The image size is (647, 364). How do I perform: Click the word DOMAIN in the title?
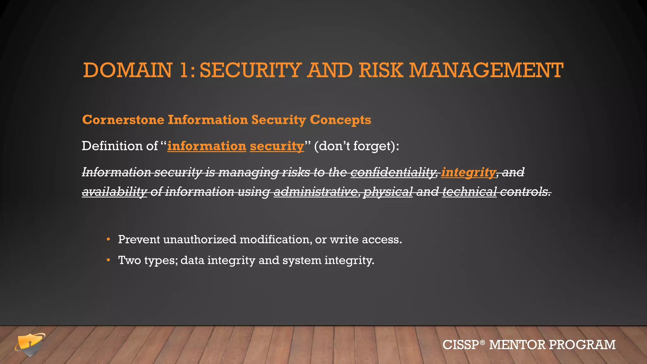click(x=128, y=70)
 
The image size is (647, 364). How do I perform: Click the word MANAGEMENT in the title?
click(x=486, y=70)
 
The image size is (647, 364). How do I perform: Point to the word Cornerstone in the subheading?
click(x=123, y=120)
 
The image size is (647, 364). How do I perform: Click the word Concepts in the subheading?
click(x=340, y=120)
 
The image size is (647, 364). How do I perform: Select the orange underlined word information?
click(x=207, y=146)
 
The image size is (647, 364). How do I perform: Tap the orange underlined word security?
click(x=277, y=146)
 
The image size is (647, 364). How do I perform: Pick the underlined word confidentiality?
click(x=394, y=172)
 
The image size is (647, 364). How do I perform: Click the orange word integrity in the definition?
click(x=469, y=172)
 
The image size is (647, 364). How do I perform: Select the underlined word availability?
click(x=114, y=191)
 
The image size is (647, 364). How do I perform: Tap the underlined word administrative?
click(x=316, y=191)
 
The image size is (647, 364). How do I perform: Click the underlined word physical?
click(x=388, y=191)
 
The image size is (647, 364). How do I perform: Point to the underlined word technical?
click(x=469, y=191)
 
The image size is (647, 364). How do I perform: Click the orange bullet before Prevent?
click(x=108, y=239)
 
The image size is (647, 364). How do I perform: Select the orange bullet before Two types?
click(x=108, y=260)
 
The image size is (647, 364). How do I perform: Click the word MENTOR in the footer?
click(x=517, y=345)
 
